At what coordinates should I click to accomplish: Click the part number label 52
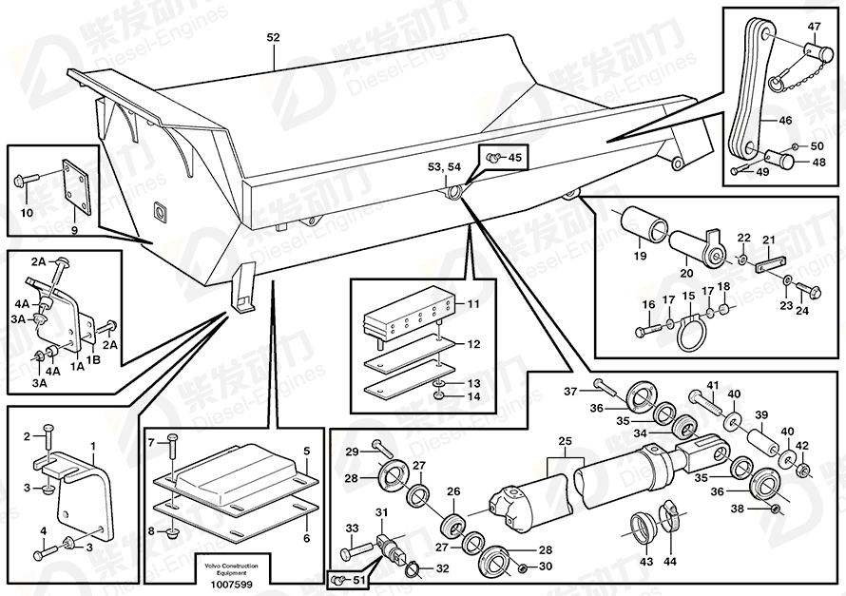(x=274, y=37)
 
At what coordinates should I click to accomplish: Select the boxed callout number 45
(x=513, y=157)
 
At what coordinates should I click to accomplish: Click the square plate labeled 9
(x=73, y=183)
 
